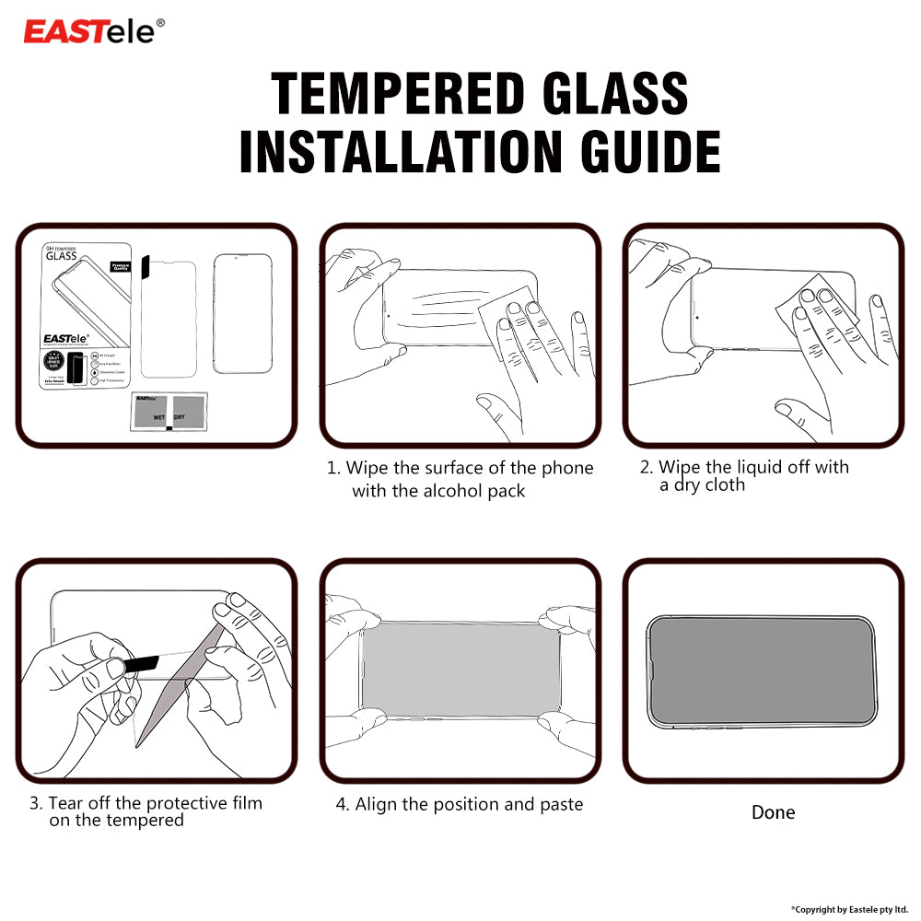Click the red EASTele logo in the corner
point(94,30)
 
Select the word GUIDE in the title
point(645,152)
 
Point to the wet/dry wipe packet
point(170,412)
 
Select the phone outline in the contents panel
point(242,314)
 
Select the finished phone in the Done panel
point(763,670)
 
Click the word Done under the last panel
point(773,812)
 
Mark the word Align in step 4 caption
point(377,804)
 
